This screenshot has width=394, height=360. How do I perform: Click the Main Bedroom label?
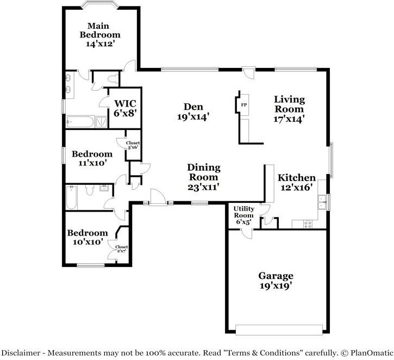click(x=100, y=30)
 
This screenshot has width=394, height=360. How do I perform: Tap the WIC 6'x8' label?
click(x=125, y=108)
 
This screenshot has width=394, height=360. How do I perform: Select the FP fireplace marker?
click(x=244, y=105)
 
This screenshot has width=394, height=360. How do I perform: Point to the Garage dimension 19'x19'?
click(x=276, y=285)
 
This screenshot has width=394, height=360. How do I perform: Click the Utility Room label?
click(x=244, y=212)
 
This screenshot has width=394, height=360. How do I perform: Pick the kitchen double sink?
click(x=322, y=202)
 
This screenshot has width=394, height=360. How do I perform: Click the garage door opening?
click(x=279, y=330)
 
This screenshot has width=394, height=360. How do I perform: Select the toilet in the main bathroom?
click(x=113, y=79)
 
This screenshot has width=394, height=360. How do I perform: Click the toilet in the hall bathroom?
click(x=90, y=190)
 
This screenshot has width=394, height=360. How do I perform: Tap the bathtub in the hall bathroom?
click(x=71, y=197)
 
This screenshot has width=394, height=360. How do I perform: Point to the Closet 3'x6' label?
click(x=133, y=145)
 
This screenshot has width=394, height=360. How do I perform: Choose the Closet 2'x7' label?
click(x=122, y=249)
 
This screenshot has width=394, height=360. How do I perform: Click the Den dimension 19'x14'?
click(x=193, y=117)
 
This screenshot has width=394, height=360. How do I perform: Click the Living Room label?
click(x=289, y=104)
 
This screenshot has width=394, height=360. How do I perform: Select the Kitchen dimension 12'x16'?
click(x=297, y=187)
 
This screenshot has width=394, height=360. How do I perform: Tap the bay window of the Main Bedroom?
click(x=100, y=4)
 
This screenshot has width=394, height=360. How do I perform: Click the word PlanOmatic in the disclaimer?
click(x=372, y=353)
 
